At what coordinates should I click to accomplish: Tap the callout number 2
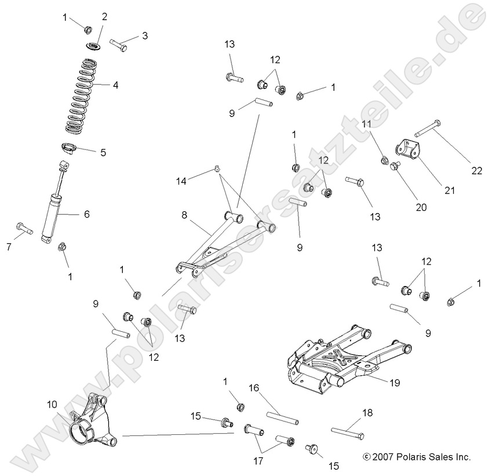point(104,17)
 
